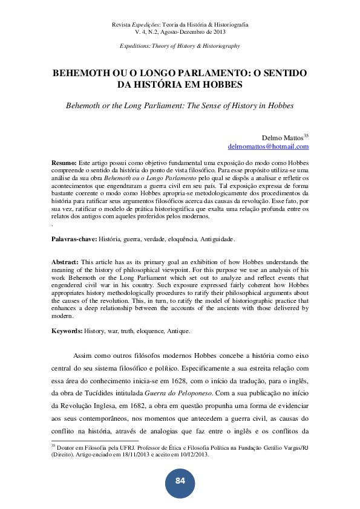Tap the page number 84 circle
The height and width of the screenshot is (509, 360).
coord(180,481)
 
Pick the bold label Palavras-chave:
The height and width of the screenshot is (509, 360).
coord(74,240)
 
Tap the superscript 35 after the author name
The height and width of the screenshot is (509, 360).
coord(306,135)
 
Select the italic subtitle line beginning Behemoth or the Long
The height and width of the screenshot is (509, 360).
coord(180,105)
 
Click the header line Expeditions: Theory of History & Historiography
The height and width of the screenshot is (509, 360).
coord(180,46)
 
